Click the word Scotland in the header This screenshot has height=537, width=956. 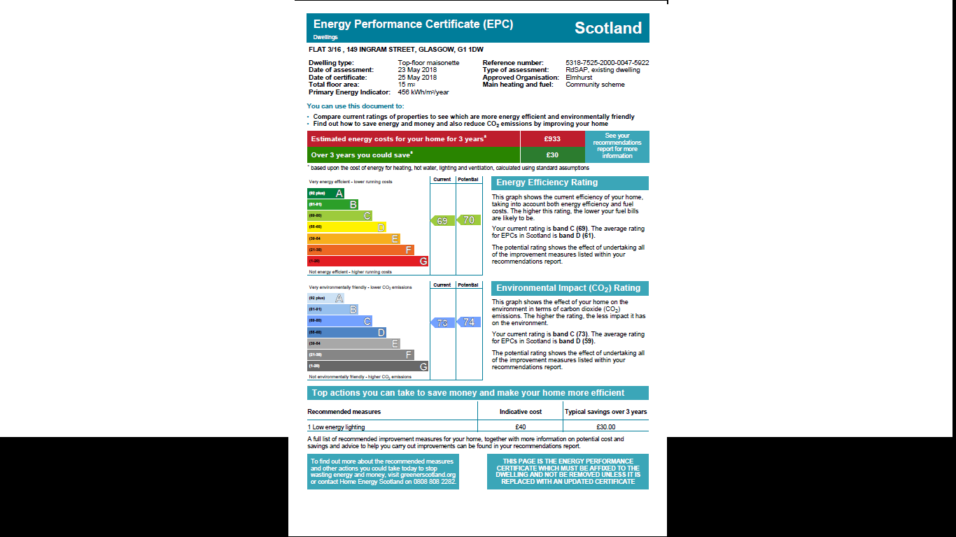607,29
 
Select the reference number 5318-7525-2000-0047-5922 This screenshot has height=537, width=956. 607,63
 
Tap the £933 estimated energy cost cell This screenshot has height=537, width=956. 552,139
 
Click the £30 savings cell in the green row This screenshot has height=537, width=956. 552,155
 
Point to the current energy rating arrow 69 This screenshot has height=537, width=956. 442,221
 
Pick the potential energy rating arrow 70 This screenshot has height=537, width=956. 468,220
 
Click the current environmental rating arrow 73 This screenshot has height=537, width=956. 442,323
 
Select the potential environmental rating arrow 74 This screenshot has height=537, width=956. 468,322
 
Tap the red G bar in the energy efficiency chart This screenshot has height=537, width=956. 367,262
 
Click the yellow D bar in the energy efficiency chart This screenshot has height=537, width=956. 346,227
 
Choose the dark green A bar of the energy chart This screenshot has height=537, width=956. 325,193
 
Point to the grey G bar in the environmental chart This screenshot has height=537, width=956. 367,366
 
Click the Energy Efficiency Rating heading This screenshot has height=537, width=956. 547,183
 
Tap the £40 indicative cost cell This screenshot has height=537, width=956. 520,427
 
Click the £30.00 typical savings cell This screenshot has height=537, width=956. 605,427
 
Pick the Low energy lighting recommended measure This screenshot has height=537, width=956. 337,427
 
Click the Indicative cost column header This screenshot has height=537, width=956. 520,412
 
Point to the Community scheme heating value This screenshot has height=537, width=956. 595,85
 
